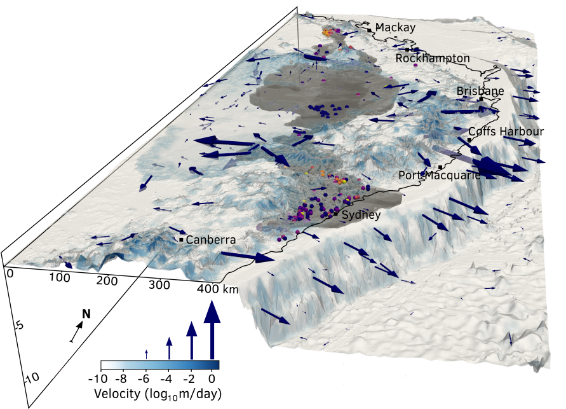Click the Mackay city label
[395, 27]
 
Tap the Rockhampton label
[433, 59]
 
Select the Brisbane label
[480, 92]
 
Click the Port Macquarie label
[439, 176]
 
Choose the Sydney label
[361, 216]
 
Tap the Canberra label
[210, 240]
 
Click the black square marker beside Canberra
[181, 240]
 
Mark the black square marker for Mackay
[369, 29]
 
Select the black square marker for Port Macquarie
[440, 167]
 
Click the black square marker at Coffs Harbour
[469, 139]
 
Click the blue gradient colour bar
[159, 365]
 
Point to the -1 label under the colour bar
[97, 378]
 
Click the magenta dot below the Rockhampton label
[415, 66]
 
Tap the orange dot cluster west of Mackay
[328, 32]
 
